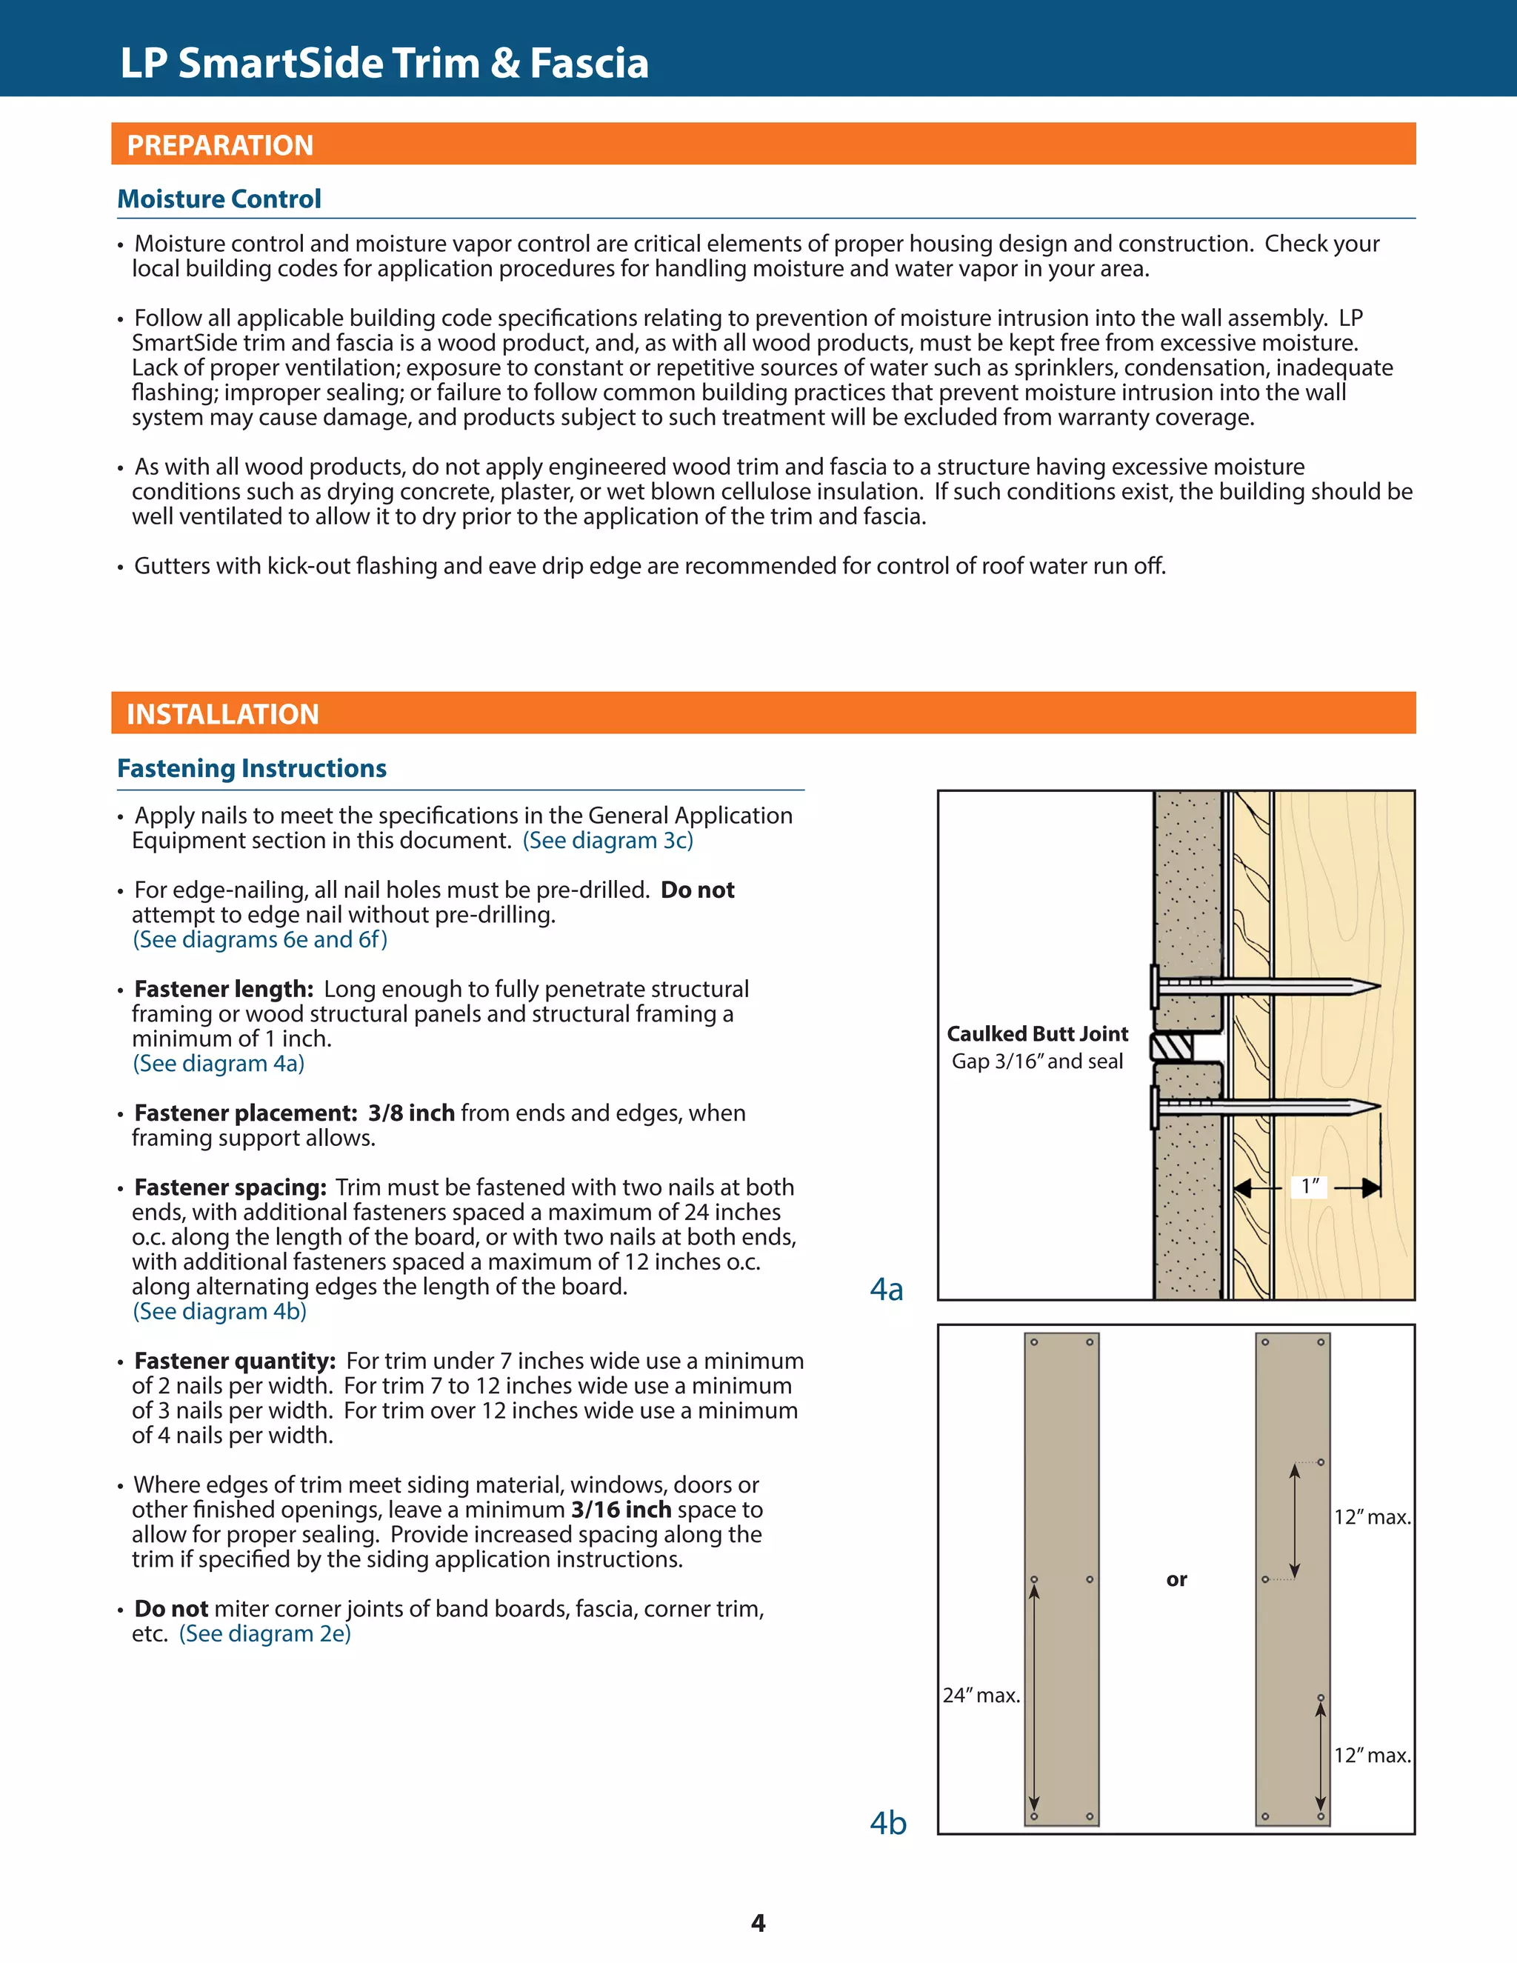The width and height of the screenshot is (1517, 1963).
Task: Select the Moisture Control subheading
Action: pyautogui.click(x=219, y=199)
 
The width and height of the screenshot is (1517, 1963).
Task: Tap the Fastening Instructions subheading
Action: pyautogui.click(x=252, y=767)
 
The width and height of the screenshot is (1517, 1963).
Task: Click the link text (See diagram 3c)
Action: pyautogui.click(x=607, y=841)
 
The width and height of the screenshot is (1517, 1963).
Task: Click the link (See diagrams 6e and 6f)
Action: pyautogui.click(x=261, y=939)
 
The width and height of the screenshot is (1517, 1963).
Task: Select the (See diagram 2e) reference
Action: pyautogui.click(x=265, y=1633)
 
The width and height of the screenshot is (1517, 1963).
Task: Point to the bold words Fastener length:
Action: pyautogui.click(x=224, y=989)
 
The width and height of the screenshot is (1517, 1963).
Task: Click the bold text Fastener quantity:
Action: pyautogui.click(x=235, y=1361)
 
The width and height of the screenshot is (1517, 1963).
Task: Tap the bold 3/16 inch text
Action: pyautogui.click(x=621, y=1509)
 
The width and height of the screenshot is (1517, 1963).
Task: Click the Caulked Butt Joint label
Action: pyautogui.click(x=1037, y=1033)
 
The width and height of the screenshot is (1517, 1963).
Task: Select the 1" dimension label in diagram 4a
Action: pyautogui.click(x=1310, y=1187)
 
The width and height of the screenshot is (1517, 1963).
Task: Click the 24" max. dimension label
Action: pyautogui.click(x=981, y=1695)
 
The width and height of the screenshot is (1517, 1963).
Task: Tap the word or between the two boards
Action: pyautogui.click(x=1176, y=1579)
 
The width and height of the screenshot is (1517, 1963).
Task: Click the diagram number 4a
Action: pyautogui.click(x=886, y=1289)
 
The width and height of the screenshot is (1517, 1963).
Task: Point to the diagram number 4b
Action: pyautogui.click(x=888, y=1822)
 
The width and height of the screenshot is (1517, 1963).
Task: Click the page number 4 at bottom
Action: pyautogui.click(x=758, y=1922)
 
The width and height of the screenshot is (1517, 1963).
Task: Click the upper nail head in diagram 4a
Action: pyautogui.click(x=1155, y=987)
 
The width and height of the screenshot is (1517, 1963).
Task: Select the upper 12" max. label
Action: pyautogui.click(x=1371, y=1517)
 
